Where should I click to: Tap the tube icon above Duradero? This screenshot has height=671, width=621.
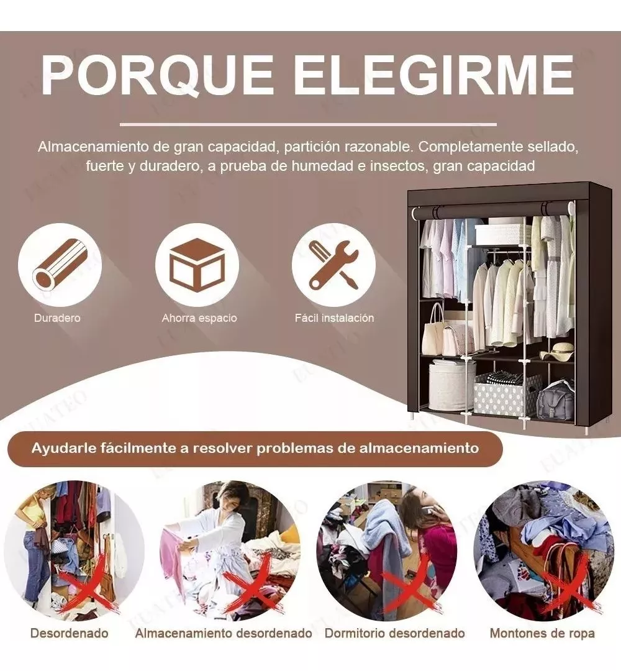coord(60,265)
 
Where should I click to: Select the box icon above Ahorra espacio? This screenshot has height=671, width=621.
coord(197,265)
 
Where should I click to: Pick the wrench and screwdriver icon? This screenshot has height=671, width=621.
coord(334,265)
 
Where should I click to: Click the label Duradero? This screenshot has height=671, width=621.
coord(57,318)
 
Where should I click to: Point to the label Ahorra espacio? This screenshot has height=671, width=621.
coord(199,318)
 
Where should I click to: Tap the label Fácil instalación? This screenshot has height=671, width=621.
coord(334,318)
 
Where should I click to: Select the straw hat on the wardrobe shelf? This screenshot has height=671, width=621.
coord(558,352)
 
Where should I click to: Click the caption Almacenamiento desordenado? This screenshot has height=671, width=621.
coord(224,634)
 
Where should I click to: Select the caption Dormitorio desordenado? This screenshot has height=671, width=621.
coord(395,634)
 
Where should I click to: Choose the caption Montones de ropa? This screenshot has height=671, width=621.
coord(542,634)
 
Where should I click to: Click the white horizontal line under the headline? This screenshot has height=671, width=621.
coord(308,124)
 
